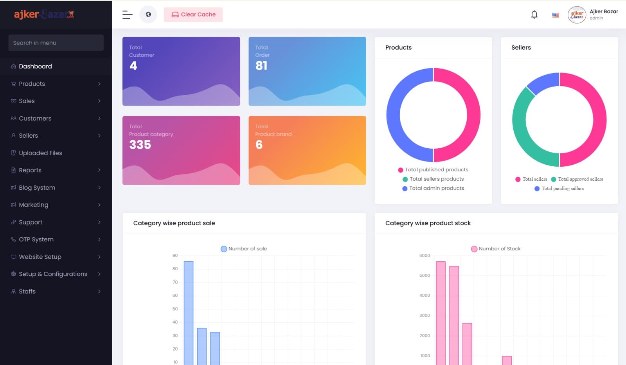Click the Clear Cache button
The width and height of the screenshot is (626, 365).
click(193, 14)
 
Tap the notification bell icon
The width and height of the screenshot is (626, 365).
click(534, 15)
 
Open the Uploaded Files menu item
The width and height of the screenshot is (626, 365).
click(40, 153)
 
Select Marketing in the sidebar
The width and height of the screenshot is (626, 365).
click(34, 205)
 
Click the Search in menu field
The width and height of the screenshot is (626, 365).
click(56, 43)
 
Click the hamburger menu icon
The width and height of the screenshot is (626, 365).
click(127, 15)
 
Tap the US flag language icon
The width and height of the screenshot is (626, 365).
click(555, 15)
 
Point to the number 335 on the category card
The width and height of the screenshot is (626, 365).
click(140, 145)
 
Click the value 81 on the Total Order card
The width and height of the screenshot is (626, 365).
click(261, 66)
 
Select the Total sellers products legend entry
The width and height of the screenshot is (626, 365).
click(436, 179)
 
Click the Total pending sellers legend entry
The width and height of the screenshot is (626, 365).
click(562, 189)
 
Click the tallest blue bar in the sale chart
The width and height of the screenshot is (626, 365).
click(189, 313)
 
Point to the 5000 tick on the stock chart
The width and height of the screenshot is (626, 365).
click(425, 275)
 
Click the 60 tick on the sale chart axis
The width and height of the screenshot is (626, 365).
click(175, 295)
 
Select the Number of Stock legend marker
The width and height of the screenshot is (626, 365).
click(474, 249)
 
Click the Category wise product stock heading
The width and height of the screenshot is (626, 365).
click(428, 223)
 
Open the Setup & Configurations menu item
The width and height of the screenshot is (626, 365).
click(53, 274)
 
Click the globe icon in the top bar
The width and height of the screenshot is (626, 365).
click(148, 14)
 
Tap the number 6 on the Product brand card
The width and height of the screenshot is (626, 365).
click(259, 145)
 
